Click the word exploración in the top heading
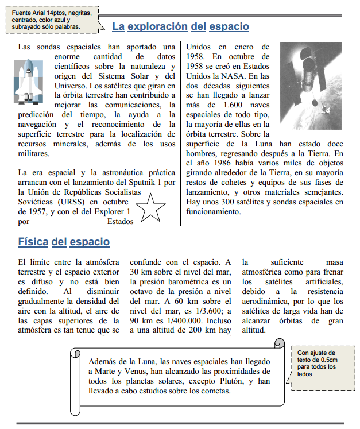click(158, 26)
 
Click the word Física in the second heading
click(33, 242)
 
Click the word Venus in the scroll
click(130, 372)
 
